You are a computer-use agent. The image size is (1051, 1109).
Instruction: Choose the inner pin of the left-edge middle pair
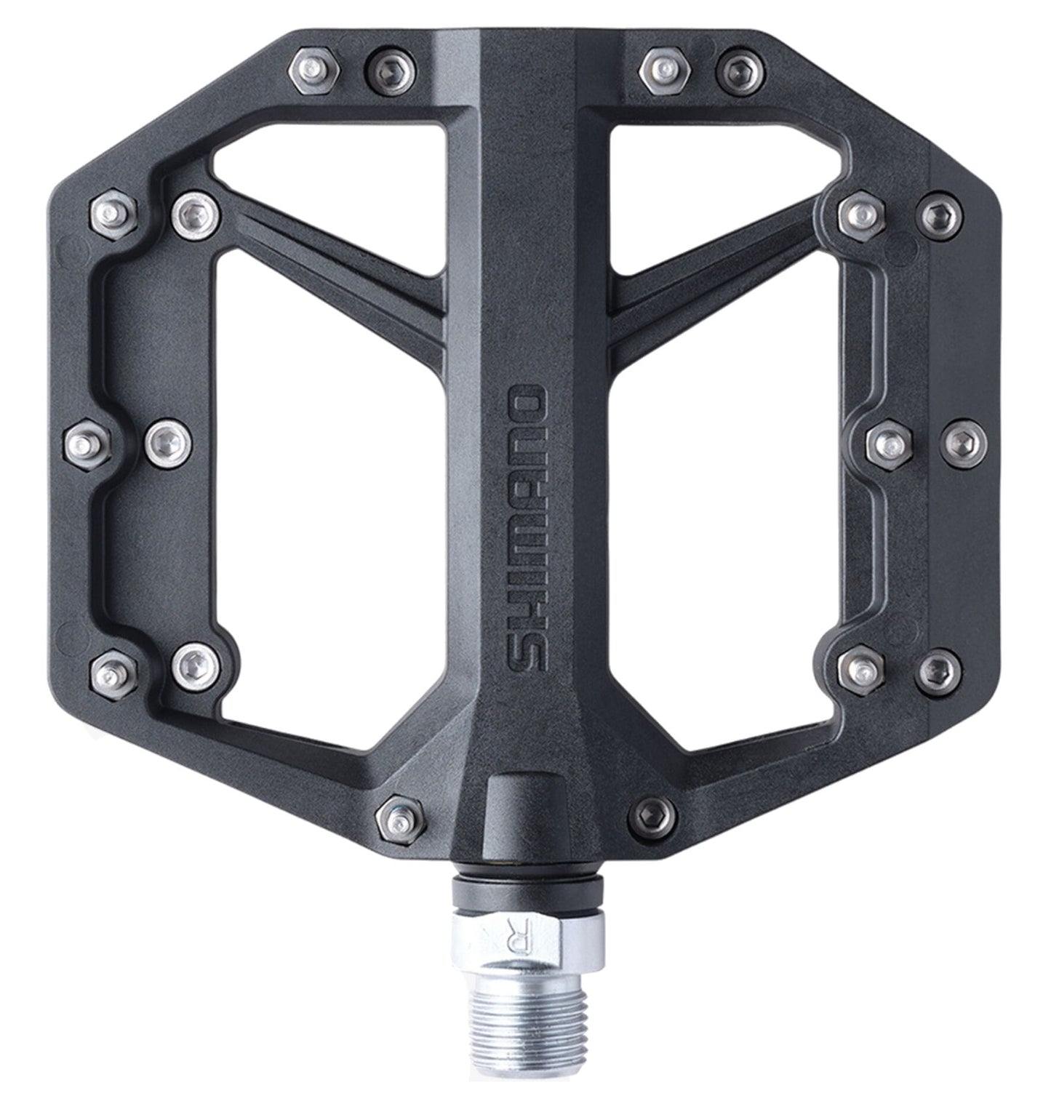(169, 441)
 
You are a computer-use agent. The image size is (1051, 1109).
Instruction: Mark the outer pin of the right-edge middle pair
(964, 441)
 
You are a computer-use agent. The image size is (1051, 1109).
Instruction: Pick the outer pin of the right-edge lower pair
(939, 668)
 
